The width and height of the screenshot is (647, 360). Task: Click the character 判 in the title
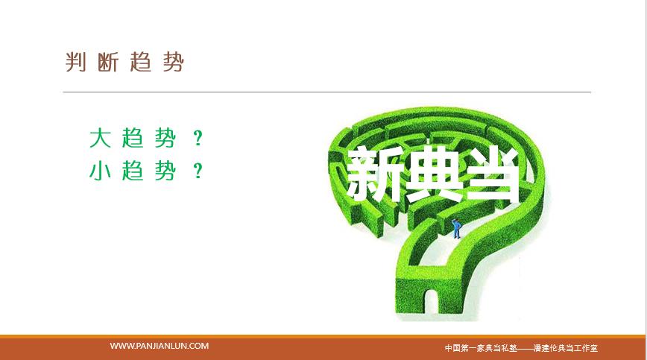[75, 63]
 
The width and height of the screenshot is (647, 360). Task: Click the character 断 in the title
[108, 63]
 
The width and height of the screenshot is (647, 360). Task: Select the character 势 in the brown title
[173, 63]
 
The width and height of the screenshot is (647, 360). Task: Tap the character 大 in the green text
[100, 138]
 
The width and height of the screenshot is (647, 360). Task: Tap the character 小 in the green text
[100, 171]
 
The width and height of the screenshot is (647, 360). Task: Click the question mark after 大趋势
[198, 139]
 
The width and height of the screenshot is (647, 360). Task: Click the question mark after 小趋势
[198, 171]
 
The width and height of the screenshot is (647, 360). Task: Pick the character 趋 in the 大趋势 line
[133, 138]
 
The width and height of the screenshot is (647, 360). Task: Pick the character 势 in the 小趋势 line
[165, 171]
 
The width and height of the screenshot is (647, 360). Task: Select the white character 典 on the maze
[432, 174]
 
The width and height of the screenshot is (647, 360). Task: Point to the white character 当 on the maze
[490, 174]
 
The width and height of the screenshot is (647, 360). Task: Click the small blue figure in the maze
[456, 229]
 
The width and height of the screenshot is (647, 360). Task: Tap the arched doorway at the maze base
[431, 302]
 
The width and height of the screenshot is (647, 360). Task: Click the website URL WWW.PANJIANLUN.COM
[160, 346]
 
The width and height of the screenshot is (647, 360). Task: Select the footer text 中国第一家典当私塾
[481, 348]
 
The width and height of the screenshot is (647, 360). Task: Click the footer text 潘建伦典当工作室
[565, 348]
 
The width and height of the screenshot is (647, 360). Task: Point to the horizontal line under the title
[326, 92]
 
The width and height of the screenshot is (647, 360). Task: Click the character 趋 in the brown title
[141, 63]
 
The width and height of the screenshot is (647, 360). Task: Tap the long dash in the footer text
[525, 349]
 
